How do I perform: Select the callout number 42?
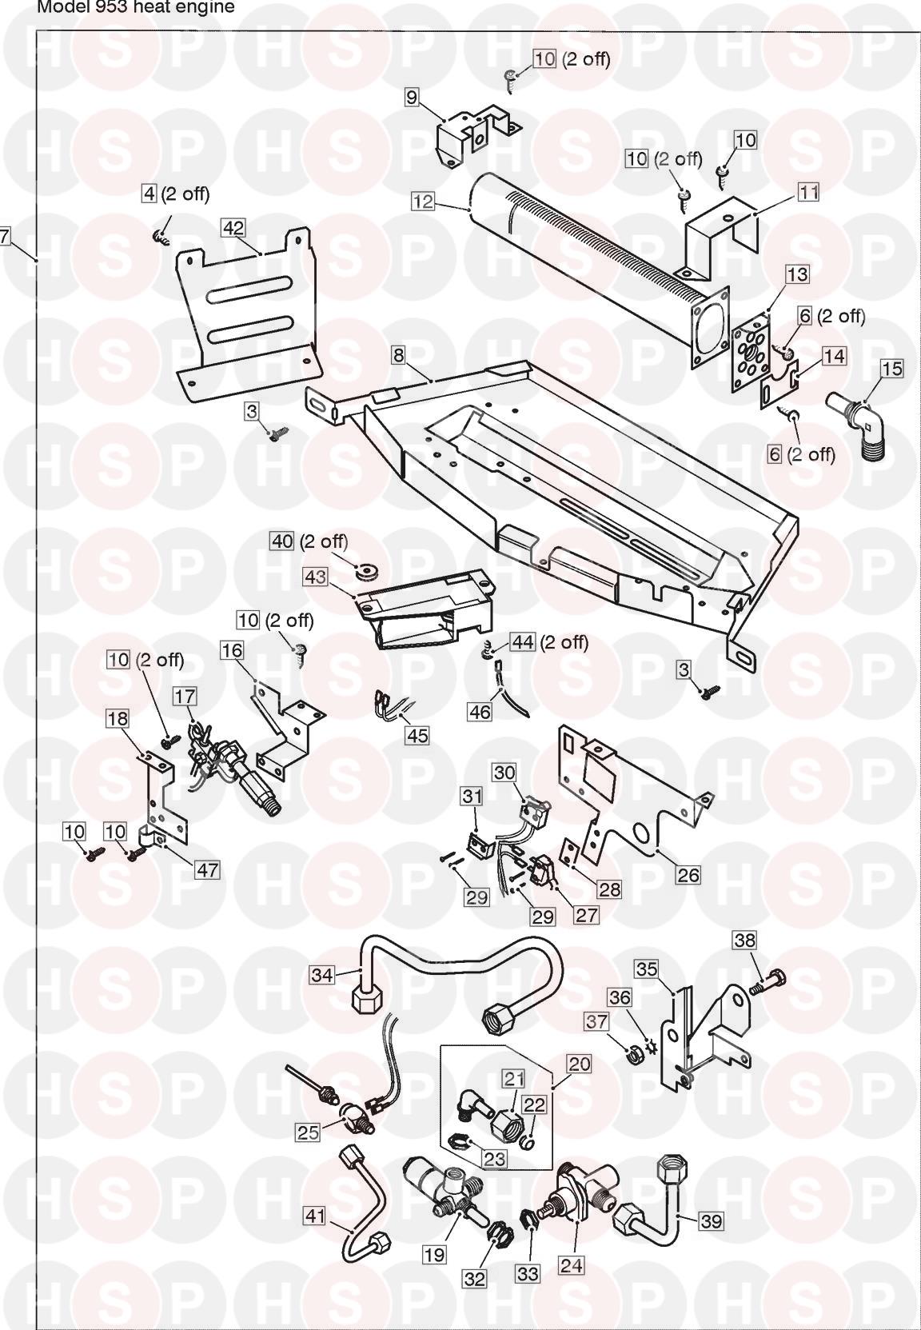(233, 228)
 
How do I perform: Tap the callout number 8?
(399, 353)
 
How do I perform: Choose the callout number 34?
(322, 975)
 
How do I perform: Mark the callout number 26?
(688, 875)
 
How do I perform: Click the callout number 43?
(316, 576)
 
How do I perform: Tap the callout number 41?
(316, 1240)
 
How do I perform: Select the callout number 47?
(207, 869)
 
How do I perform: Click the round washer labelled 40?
(368, 570)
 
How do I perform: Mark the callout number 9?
(412, 98)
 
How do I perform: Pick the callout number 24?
(572, 1264)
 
